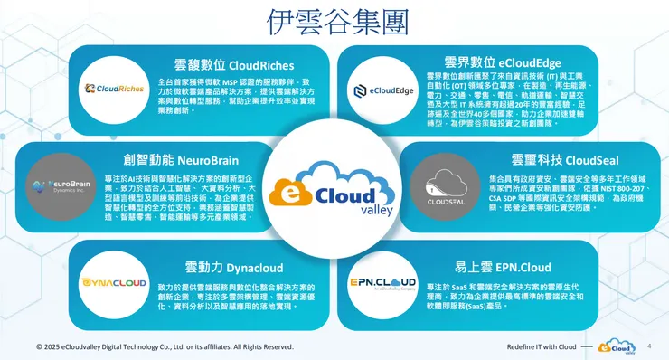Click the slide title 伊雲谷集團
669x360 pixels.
click(x=334, y=21)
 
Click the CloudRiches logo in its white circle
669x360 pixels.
click(x=115, y=89)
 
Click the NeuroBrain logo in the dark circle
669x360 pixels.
click(x=61, y=188)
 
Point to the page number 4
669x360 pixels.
click(x=651, y=346)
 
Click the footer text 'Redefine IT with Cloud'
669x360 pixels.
click(x=542, y=346)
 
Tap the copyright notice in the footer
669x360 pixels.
click(x=165, y=346)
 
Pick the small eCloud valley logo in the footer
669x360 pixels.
click(x=617, y=346)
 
